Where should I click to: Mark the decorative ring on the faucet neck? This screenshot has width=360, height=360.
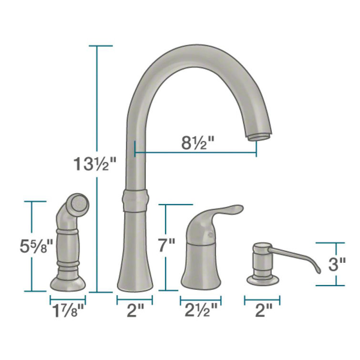click(135, 199)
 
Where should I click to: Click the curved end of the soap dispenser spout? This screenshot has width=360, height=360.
click(315, 270)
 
